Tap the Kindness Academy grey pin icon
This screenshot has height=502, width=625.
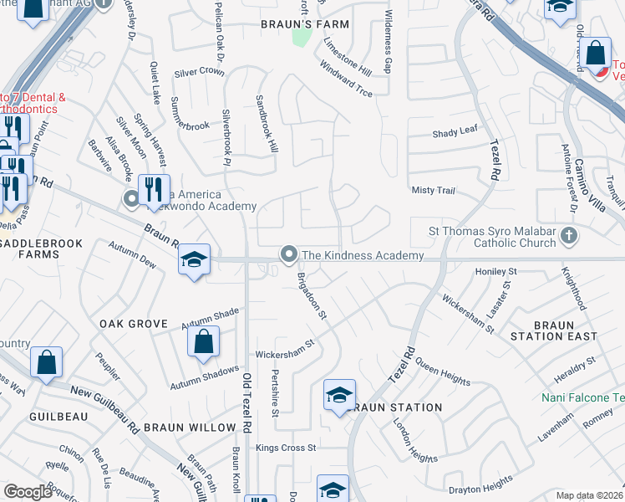tap(289, 253)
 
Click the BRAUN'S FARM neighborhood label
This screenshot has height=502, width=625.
tap(292, 24)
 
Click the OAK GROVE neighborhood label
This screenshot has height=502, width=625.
tap(134, 324)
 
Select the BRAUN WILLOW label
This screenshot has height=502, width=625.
tap(190, 428)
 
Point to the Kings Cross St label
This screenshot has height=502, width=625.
tap(286, 448)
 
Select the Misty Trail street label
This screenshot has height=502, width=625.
tap(433, 191)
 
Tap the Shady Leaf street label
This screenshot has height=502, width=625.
tap(455, 133)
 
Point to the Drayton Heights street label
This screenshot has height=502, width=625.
tap(480, 484)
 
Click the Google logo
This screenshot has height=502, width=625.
tap(28, 492)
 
